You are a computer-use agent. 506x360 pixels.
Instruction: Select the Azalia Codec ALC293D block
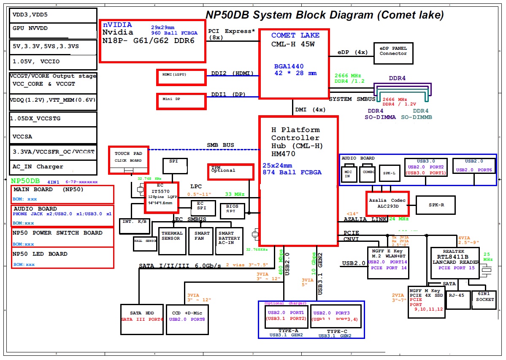tap(387, 203)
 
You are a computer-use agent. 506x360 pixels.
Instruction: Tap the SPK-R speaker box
tap(436, 205)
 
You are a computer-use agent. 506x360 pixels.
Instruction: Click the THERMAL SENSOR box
tap(172, 241)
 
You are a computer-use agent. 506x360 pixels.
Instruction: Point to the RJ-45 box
tap(458, 299)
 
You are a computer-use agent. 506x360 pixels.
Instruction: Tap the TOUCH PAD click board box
tap(128, 160)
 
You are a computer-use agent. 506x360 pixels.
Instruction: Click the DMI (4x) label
tap(310, 110)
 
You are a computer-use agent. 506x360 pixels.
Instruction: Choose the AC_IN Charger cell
tap(53, 167)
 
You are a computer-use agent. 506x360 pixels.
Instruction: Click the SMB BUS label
tap(220, 145)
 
